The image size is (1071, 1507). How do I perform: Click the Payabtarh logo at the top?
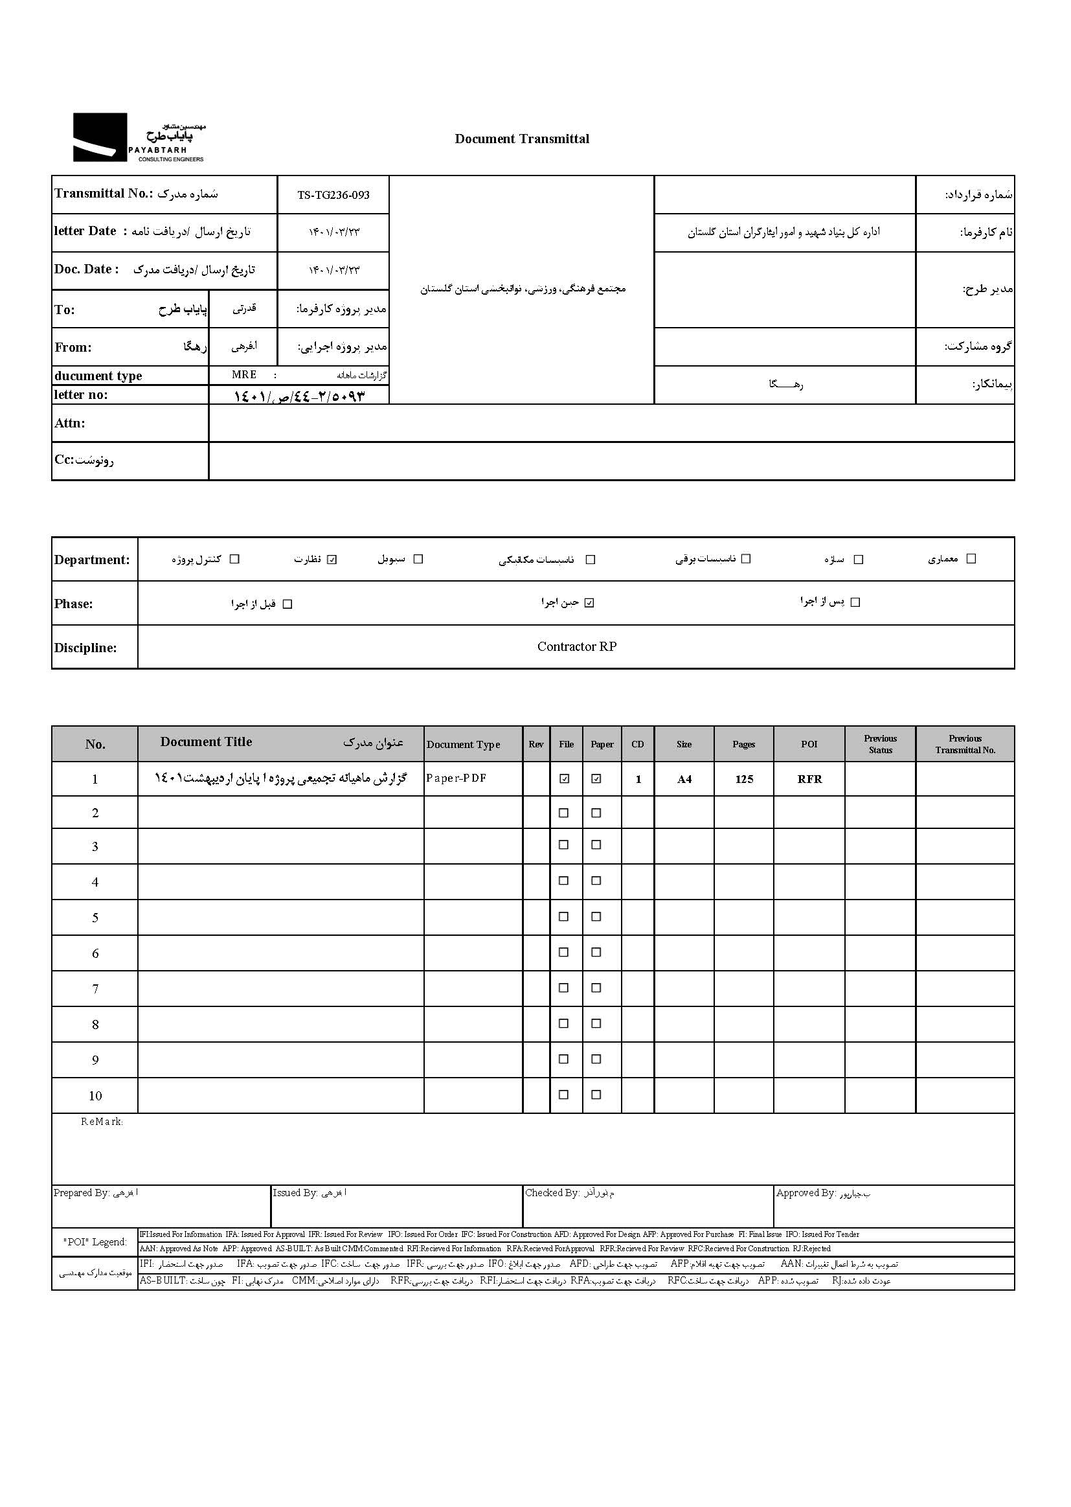(139, 138)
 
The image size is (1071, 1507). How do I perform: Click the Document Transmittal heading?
(522, 139)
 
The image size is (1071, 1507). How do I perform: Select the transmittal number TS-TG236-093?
(333, 195)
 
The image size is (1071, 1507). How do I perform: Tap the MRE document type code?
(244, 374)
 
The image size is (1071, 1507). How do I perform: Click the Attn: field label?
(70, 424)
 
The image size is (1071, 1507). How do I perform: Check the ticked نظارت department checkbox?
(332, 560)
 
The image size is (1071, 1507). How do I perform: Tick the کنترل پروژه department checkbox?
(234, 560)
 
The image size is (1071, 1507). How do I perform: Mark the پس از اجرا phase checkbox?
(855, 602)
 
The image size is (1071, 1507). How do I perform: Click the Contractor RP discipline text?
(576, 647)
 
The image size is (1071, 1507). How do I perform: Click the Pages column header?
(743, 744)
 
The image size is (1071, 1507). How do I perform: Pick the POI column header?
(809, 744)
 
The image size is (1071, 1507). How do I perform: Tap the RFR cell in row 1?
(809, 779)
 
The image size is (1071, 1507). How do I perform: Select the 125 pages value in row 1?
(744, 779)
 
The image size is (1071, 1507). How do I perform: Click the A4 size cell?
(684, 779)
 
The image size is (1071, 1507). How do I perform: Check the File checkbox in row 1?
(564, 779)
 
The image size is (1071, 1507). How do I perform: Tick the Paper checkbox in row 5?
(596, 916)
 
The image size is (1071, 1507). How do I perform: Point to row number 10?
(95, 1096)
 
